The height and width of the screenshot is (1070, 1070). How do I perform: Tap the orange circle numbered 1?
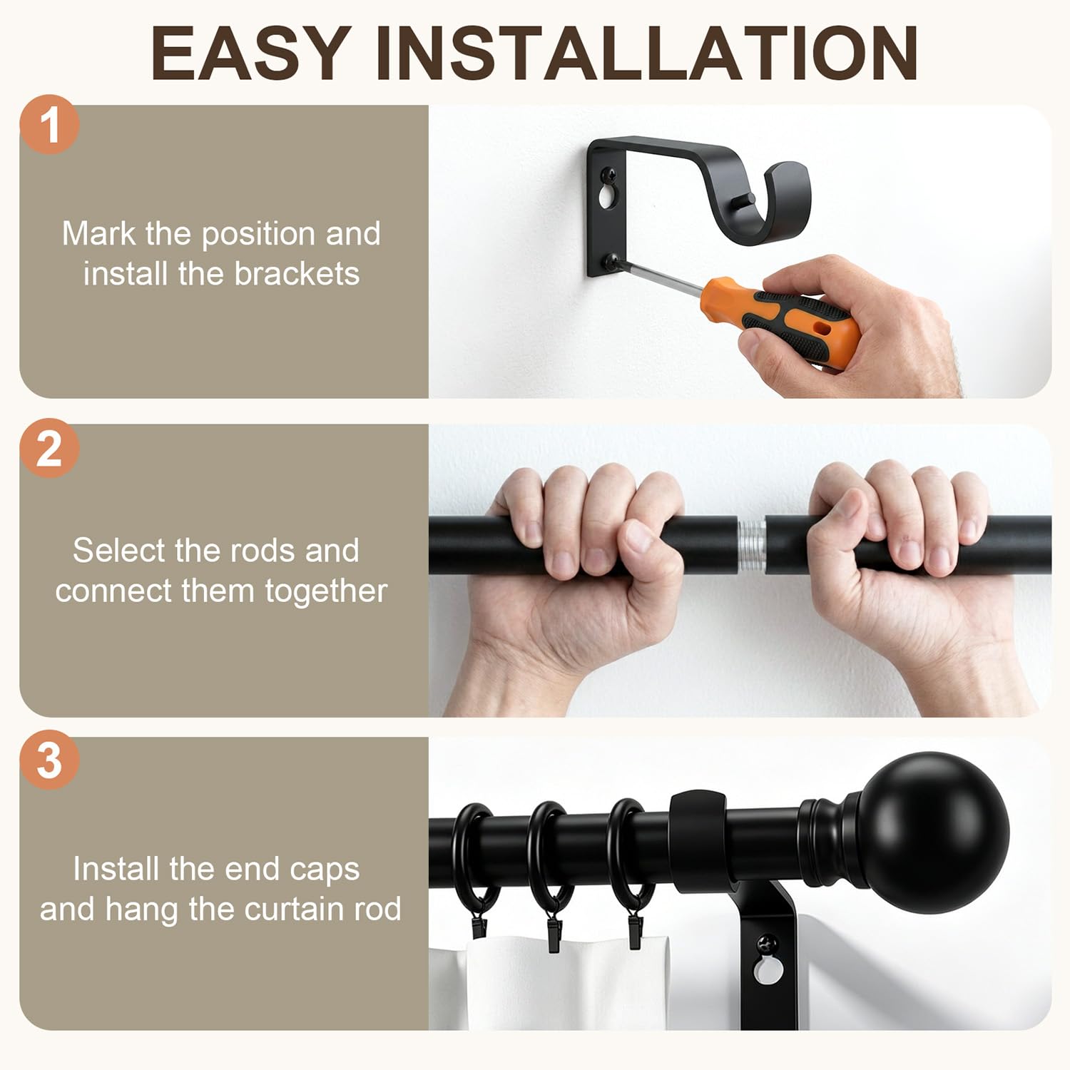point(49,125)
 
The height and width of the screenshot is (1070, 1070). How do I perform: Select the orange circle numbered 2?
point(49,448)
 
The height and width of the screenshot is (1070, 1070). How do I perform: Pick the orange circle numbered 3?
point(49,760)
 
